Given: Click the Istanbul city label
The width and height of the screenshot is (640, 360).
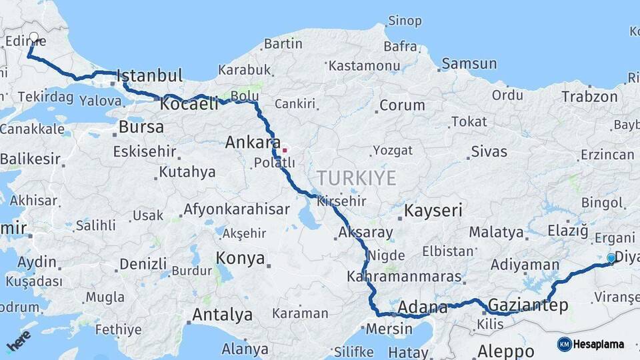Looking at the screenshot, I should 150,75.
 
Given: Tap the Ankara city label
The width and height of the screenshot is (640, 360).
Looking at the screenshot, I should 252,142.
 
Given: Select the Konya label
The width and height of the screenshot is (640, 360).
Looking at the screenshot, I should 240,258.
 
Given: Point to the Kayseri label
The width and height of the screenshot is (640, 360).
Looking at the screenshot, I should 433,211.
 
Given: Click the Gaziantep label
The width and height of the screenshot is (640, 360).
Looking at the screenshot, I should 528,305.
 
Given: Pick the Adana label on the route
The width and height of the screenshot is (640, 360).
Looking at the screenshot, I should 423,307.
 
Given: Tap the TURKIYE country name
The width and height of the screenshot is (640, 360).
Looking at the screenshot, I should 356,178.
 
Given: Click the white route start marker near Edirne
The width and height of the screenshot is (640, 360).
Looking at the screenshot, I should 33,37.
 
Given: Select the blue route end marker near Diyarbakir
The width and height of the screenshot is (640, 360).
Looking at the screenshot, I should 611,258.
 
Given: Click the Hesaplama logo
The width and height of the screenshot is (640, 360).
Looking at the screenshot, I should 591,344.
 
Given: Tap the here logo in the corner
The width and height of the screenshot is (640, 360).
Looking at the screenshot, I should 19,341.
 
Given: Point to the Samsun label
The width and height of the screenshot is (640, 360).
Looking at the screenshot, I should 469,64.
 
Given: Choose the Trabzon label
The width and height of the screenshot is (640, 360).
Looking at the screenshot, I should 589,96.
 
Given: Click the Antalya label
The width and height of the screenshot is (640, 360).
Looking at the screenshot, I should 222,314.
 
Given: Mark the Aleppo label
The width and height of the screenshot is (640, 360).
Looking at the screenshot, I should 505,351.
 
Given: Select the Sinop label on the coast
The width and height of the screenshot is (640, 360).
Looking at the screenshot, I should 405,21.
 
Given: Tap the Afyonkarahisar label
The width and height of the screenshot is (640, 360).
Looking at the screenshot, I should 236,209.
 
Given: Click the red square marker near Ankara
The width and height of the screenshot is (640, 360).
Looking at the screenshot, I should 285,150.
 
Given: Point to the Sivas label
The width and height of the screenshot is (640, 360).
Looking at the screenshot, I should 489,151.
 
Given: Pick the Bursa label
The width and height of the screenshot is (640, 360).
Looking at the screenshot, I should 141,127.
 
